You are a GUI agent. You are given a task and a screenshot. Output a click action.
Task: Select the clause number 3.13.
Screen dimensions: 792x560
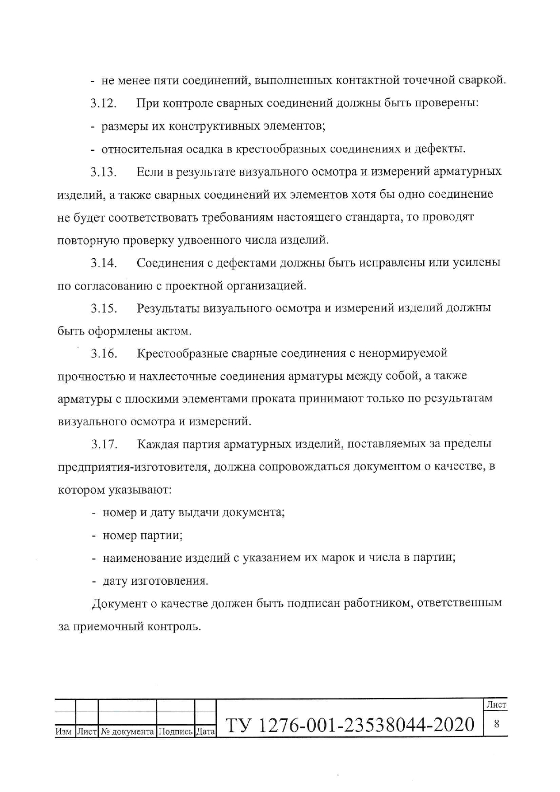[103, 172]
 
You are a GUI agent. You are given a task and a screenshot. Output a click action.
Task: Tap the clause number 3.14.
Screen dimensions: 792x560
[104, 263]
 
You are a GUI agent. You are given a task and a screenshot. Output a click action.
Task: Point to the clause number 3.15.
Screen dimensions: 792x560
[104, 308]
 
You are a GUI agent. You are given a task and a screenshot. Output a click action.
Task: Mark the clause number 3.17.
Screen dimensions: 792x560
[104, 444]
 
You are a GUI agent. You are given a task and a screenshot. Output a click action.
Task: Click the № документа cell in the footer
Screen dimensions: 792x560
[127, 731]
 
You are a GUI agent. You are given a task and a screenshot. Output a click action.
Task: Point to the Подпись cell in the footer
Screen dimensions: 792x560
[175, 731]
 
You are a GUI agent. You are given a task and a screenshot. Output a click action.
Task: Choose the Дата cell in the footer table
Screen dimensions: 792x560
[205, 731]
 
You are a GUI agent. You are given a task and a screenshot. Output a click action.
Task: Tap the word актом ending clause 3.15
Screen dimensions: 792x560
[173, 331]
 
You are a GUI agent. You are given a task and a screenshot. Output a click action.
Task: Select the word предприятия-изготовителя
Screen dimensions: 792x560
[133, 467]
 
